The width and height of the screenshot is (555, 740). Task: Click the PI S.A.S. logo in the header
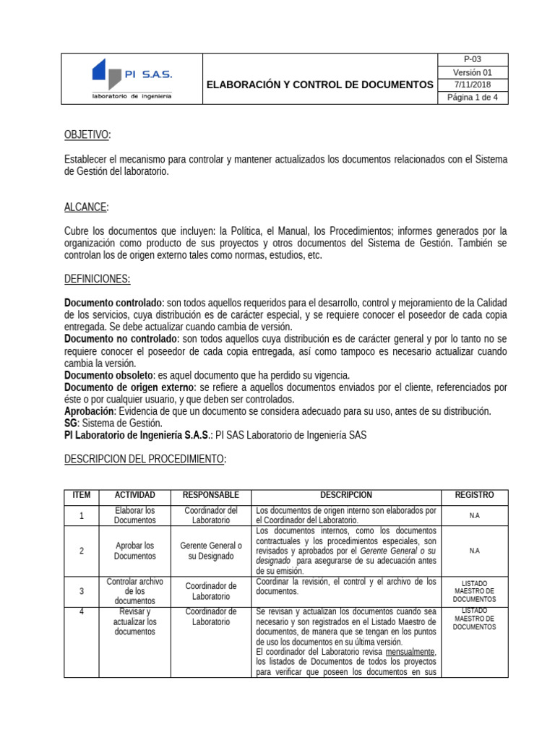pyautogui.click(x=132, y=79)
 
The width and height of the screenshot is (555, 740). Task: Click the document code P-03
pyautogui.click(x=473, y=59)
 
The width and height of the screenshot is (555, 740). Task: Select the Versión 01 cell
pyautogui.click(x=473, y=72)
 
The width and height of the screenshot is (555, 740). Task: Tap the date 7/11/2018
pyautogui.click(x=473, y=85)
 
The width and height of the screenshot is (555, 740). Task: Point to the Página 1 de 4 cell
pyautogui.click(x=473, y=98)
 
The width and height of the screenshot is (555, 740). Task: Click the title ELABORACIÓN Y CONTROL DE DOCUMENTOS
pyautogui.click(x=320, y=85)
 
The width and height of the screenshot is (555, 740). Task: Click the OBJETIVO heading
pyautogui.click(x=87, y=135)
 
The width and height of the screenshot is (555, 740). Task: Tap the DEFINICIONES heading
pyautogui.click(x=97, y=279)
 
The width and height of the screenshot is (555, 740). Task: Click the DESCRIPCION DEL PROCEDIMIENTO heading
pyautogui.click(x=145, y=459)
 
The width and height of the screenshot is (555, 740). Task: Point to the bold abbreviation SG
pyautogui.click(x=71, y=423)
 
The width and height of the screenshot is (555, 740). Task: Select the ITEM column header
pyautogui.click(x=82, y=496)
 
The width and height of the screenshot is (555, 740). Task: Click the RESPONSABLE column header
pyautogui.click(x=211, y=496)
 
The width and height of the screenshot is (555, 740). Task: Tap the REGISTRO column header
pyautogui.click(x=474, y=496)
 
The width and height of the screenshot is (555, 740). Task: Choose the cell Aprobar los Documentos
pyautogui.click(x=134, y=551)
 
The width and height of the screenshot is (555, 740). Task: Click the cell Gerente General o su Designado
pyautogui.click(x=211, y=551)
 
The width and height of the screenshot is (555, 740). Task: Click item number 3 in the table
pyautogui.click(x=82, y=591)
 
